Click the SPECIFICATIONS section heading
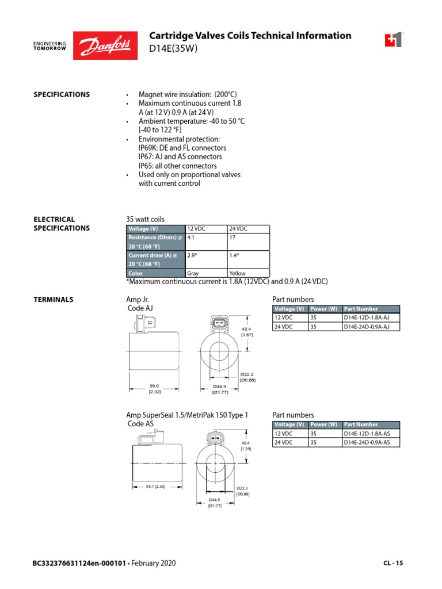click(62, 94)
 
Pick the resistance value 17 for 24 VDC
click(233, 237)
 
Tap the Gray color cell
click(193, 273)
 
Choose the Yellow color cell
click(237, 273)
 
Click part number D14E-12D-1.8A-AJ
click(367, 318)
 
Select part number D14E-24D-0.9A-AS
click(367, 442)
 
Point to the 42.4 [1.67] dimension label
click(247, 332)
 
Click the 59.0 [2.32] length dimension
click(154, 389)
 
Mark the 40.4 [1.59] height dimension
click(246, 446)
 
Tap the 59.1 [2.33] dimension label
click(155, 486)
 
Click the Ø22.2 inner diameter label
click(247, 377)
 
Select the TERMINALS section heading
click(54, 300)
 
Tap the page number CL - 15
click(393, 563)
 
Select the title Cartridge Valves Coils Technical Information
click(250, 36)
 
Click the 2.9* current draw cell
click(192, 255)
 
